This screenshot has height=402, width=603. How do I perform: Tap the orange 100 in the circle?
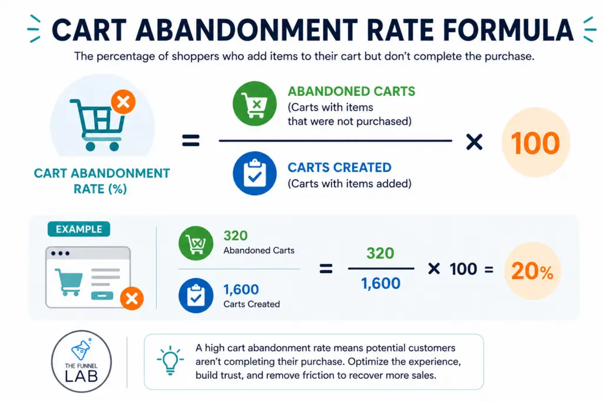(x=535, y=143)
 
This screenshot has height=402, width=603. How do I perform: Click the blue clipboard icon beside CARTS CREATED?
(x=254, y=174)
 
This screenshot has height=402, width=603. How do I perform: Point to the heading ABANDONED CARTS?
(x=351, y=92)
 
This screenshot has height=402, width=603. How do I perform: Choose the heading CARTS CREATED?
(x=339, y=168)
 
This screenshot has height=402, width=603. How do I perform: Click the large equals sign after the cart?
(x=191, y=141)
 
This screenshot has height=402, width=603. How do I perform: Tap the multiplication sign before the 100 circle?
(x=474, y=141)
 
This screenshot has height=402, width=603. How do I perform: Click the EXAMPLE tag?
(x=78, y=230)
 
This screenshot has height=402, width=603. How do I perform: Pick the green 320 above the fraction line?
(x=379, y=253)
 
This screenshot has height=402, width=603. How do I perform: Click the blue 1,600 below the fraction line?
(x=380, y=284)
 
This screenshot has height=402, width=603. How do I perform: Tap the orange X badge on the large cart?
(x=124, y=102)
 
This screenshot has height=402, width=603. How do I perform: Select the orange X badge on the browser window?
(x=132, y=299)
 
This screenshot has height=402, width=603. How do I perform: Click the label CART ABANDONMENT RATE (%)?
(x=102, y=181)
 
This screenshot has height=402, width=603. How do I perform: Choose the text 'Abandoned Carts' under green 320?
(x=259, y=251)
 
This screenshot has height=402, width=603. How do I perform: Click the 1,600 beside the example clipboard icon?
(x=241, y=290)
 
